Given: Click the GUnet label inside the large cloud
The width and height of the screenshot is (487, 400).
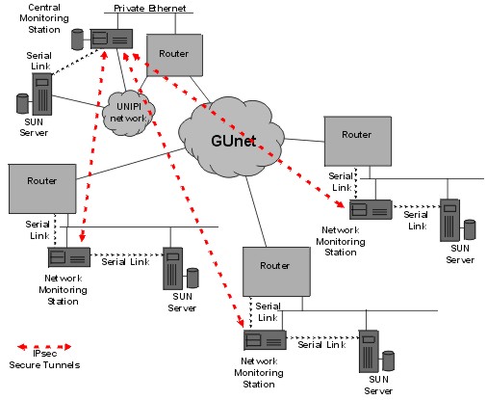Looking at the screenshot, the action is click(234, 141).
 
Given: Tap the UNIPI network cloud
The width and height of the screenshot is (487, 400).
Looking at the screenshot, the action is click(128, 113).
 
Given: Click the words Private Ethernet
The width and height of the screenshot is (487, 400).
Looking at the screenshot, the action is click(150, 8).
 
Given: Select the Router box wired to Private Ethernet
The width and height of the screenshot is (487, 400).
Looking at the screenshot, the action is click(174, 55).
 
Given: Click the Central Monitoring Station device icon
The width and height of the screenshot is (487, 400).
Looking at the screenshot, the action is click(112, 39).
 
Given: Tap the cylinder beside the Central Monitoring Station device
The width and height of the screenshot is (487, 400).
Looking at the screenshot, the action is click(77, 40).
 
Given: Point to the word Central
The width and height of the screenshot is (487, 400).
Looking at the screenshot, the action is click(44, 7).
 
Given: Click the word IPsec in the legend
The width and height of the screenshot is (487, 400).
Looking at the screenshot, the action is click(44, 354).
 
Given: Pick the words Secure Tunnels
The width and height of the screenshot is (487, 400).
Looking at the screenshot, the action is click(44, 365).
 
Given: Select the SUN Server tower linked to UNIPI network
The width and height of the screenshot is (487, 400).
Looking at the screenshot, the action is click(42, 93).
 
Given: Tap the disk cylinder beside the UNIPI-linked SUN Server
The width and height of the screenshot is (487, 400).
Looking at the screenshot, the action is click(22, 103).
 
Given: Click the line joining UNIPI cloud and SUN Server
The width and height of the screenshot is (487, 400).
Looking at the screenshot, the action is click(78, 101).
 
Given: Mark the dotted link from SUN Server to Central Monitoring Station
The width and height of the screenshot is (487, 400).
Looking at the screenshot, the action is click(76, 62).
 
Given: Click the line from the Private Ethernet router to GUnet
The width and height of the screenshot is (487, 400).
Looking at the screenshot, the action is click(200, 90).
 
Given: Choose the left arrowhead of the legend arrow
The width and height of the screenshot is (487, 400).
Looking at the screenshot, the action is click(22, 347).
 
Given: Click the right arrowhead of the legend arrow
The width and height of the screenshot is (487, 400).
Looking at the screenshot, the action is click(67, 347).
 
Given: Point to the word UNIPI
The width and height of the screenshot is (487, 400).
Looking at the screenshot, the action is click(129, 106).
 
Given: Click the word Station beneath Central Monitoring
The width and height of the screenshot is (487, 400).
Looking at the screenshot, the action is click(44, 30).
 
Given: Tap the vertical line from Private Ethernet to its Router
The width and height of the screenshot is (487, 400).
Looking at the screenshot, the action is click(175, 23).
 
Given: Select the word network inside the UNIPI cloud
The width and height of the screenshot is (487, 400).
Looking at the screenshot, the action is click(128, 119).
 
